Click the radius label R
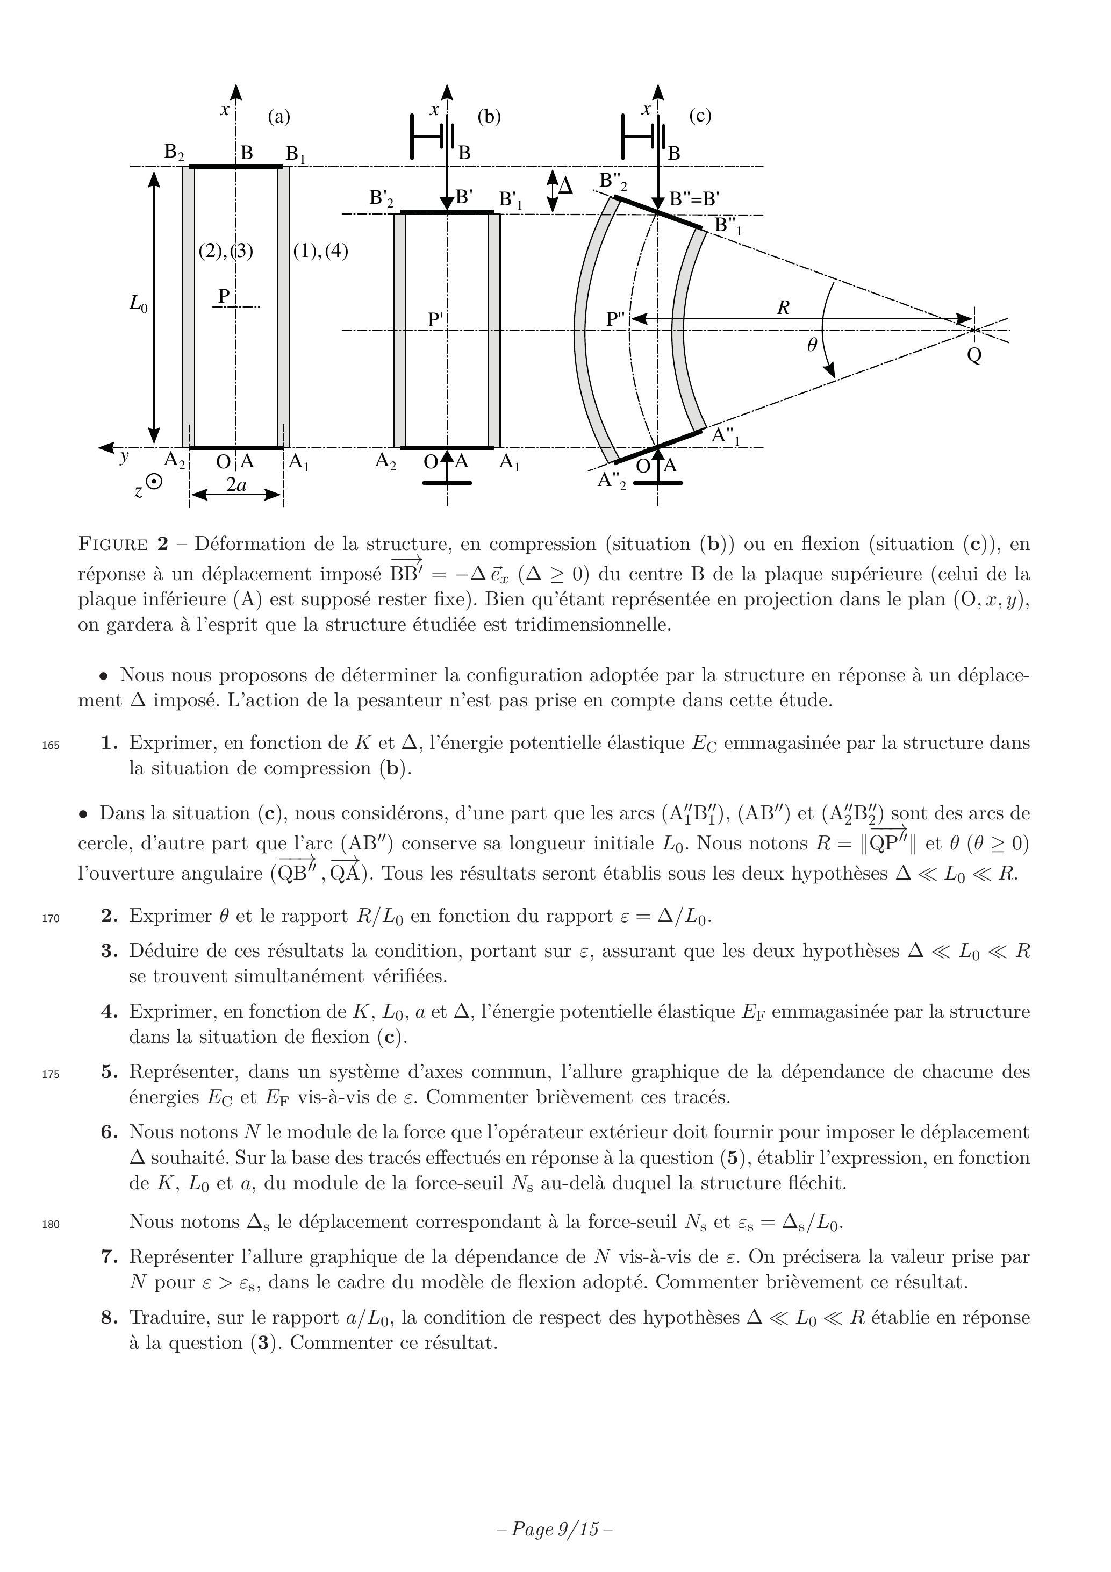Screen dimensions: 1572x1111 783,308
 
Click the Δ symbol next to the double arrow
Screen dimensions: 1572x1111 565,185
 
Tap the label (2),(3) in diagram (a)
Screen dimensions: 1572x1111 226,251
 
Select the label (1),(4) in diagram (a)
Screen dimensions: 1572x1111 320,251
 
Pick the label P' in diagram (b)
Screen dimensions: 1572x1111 436,320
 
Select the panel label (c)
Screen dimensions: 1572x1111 700,116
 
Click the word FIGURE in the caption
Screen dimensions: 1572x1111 113,545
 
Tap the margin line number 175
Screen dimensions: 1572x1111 51,1074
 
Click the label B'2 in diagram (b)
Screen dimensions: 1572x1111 381,198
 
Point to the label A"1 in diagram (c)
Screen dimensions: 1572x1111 726,435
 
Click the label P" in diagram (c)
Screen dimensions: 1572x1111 616,320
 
